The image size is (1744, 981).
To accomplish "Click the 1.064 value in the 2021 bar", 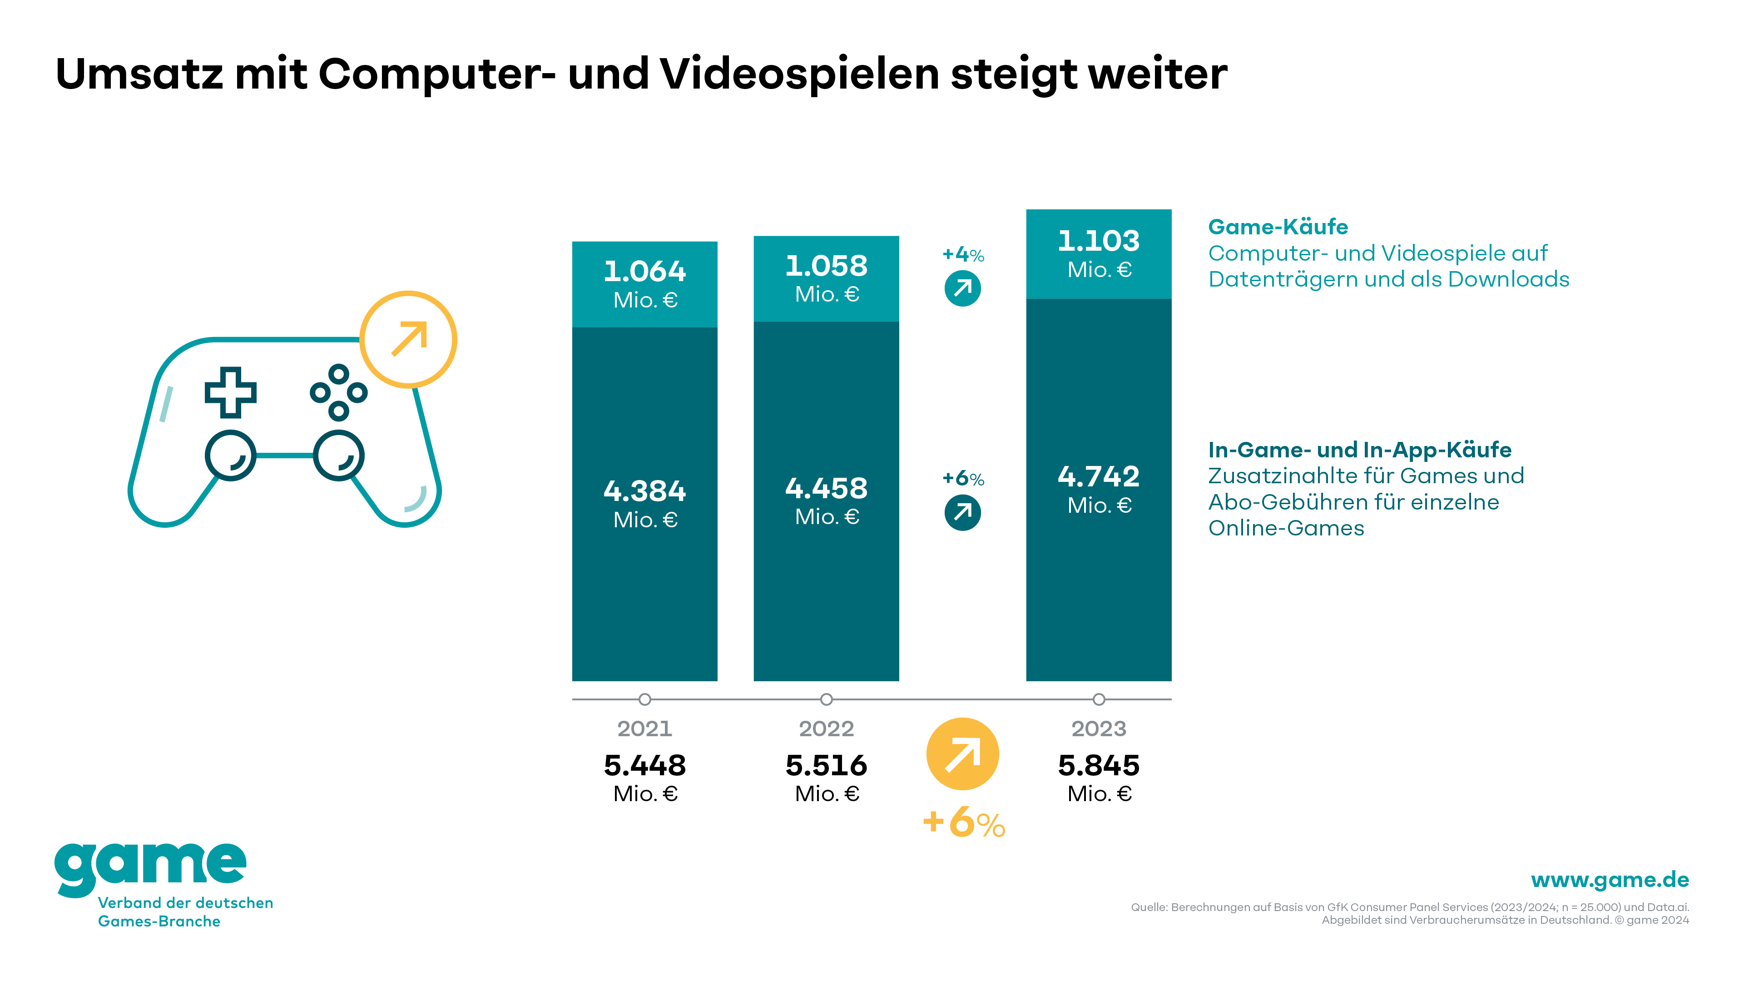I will coord(644,272).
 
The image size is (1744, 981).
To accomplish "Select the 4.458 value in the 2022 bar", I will coord(826,489).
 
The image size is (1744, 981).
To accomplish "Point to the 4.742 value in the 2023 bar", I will coord(1098,476).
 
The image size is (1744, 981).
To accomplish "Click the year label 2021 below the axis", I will coord(644,728).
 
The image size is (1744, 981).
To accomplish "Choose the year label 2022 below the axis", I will coord(826,728).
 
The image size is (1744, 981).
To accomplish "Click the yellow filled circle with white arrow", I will coord(962,753).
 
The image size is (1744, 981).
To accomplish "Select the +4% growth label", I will coord(963,254).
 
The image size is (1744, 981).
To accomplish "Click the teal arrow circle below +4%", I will coord(962,288).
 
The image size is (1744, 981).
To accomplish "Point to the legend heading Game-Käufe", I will coord(1278,227).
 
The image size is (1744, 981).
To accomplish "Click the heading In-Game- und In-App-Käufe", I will coord(1359,450).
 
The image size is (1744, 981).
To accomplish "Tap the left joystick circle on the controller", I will coord(230,456).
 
